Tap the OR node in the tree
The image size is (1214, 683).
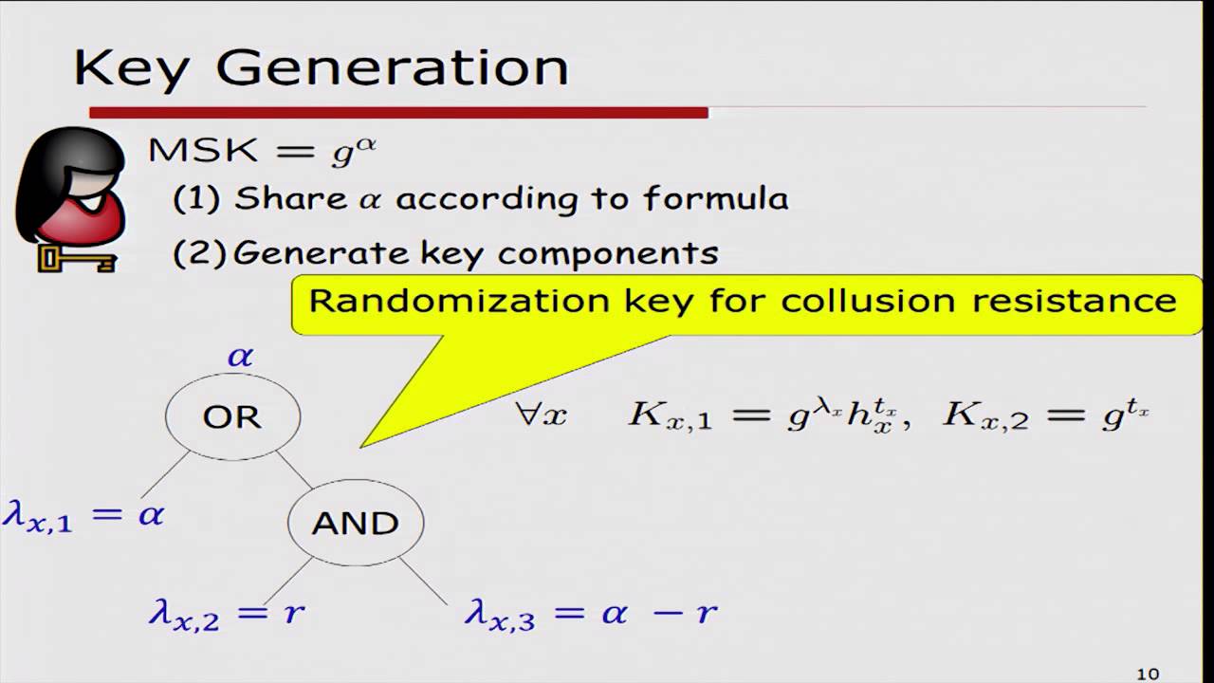(x=232, y=416)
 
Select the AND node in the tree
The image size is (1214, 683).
(x=355, y=523)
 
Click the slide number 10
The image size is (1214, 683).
(x=1148, y=674)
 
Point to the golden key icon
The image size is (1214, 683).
(x=76, y=257)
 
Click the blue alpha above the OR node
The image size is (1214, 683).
(x=240, y=357)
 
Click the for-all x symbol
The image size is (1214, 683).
(x=541, y=415)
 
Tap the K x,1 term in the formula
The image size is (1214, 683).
(x=670, y=416)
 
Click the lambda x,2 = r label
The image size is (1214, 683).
(x=227, y=614)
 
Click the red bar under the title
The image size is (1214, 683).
(x=398, y=113)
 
